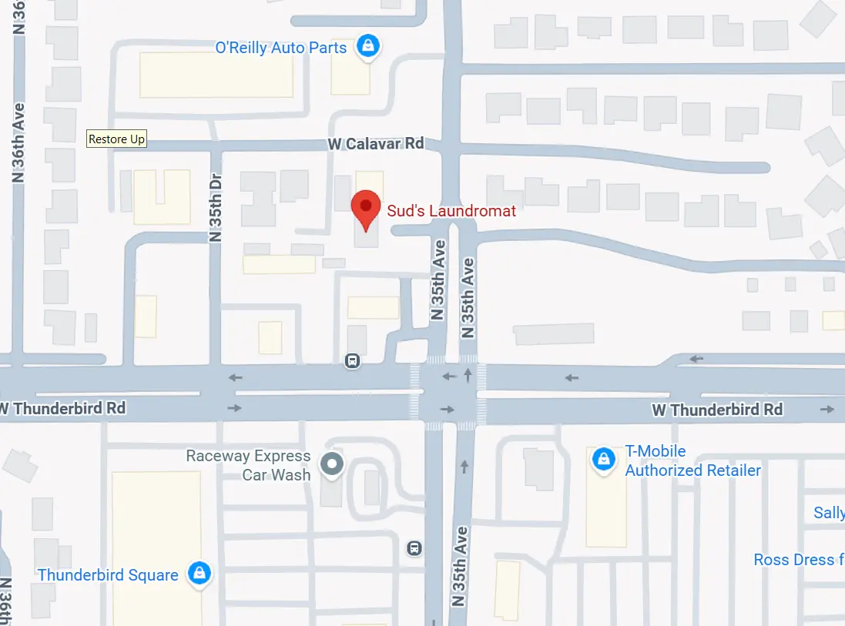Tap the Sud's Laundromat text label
pos(452,210)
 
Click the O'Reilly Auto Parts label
pos(281,48)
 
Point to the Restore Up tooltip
pos(116,139)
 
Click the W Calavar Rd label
pos(375,144)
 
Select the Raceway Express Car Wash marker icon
pos(333,464)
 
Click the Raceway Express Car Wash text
pos(249,466)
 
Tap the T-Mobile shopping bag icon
pos(602,460)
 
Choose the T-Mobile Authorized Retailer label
pos(692,460)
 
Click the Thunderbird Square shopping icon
pos(200,574)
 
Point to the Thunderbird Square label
pos(108,574)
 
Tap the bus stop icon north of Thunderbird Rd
pos(353,360)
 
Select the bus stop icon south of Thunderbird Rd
pos(414,547)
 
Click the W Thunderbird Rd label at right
pos(717,410)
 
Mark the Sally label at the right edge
pos(828,513)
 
